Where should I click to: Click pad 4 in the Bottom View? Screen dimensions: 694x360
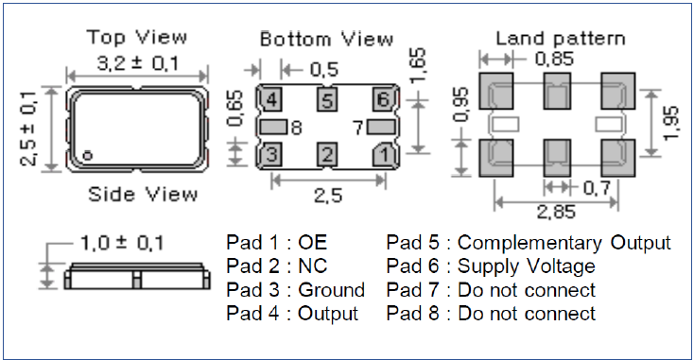coord(270,99)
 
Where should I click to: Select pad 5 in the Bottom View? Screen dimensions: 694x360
coord(327,99)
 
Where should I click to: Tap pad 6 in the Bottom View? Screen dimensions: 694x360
coord(383,99)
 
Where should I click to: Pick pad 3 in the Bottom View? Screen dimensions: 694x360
coord(270,154)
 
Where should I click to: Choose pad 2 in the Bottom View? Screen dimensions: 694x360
coord(327,154)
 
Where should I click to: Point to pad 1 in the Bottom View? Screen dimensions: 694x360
coord(383,154)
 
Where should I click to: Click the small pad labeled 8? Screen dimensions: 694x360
coord(273,128)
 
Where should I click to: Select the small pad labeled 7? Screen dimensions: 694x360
coord(381,128)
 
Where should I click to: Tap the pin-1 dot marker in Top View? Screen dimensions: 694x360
coord(88,155)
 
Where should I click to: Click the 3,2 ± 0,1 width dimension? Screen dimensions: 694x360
coord(138,63)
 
